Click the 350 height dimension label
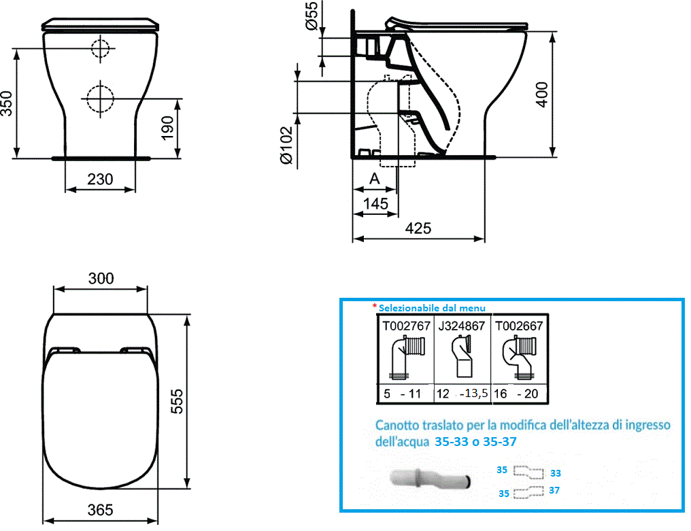[x=7, y=103]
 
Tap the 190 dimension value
[x=168, y=129]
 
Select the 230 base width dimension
[x=100, y=179]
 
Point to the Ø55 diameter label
[x=311, y=16]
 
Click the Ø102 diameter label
[x=286, y=145]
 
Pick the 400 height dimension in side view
[x=541, y=95]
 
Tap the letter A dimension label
[x=375, y=178]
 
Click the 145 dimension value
[x=375, y=203]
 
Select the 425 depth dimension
[x=418, y=228]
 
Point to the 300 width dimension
[x=101, y=279]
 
